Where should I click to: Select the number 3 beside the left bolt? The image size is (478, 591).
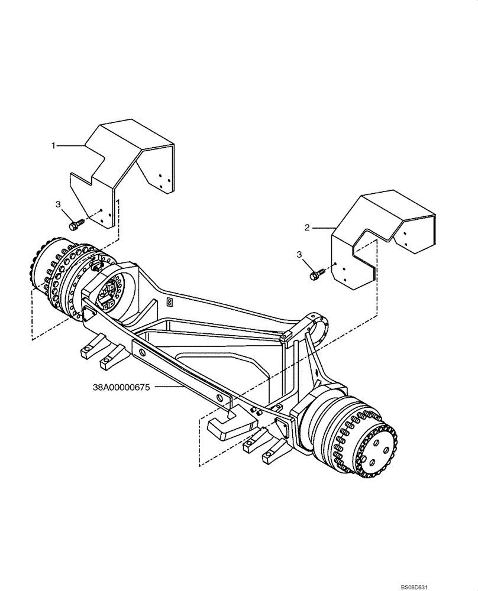pyautogui.click(x=58, y=204)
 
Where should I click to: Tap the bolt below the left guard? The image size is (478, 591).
pyautogui.click(x=75, y=225)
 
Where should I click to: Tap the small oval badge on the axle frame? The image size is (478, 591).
pyautogui.click(x=169, y=302)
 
